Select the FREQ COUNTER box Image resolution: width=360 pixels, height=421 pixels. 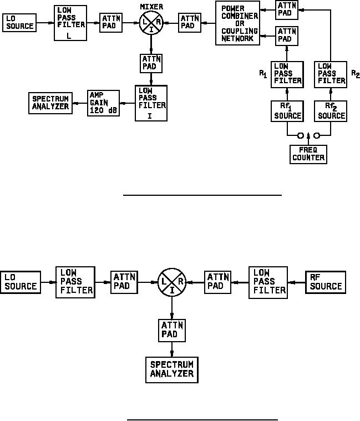click(308, 154)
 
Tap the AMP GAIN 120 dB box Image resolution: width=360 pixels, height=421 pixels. click(104, 103)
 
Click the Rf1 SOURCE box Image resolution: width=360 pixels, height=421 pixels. click(287, 111)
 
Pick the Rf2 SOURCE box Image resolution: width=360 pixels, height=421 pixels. click(331, 111)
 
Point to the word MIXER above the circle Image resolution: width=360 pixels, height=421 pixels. click(151, 6)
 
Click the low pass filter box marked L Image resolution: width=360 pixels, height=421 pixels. click(70, 23)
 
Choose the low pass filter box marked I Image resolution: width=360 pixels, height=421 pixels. click(151, 102)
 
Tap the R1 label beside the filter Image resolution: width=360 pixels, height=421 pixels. click(263, 74)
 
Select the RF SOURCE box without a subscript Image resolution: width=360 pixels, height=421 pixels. click(326, 282)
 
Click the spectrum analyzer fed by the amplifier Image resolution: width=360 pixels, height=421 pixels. click(50, 103)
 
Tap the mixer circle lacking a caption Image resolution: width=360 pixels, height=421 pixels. click(171, 282)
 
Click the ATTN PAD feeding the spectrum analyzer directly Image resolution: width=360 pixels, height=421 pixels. click(171, 331)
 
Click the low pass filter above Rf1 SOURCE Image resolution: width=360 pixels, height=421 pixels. click(287, 73)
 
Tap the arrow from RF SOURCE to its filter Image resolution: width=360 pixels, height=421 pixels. click(297, 282)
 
